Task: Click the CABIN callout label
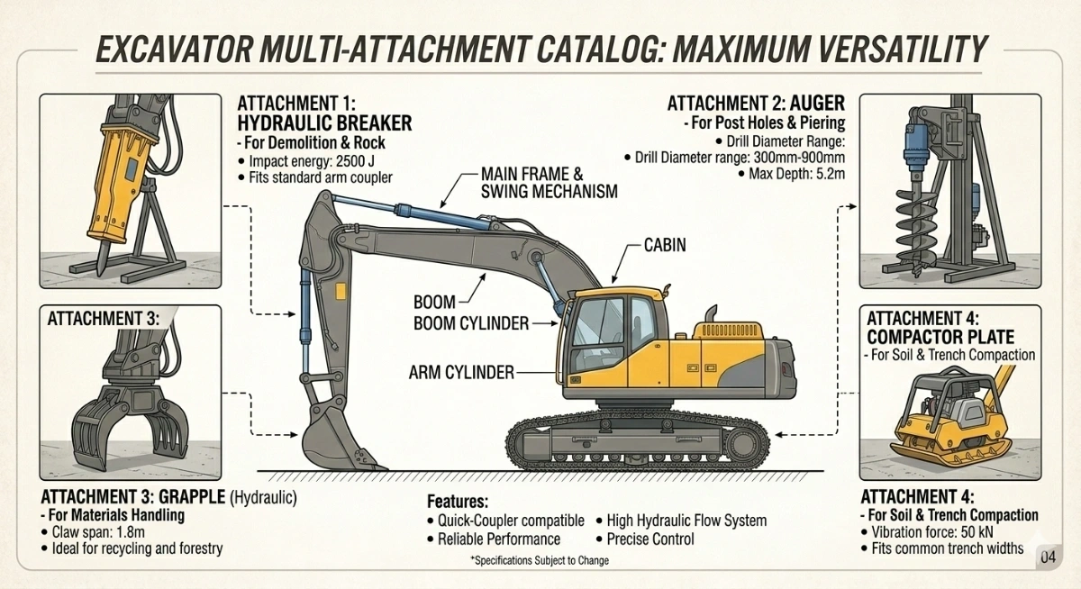665,244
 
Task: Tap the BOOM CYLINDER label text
471,323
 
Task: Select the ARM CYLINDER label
461,372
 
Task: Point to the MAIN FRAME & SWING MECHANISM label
549,182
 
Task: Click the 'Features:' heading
457,501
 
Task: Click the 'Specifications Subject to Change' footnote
539,561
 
